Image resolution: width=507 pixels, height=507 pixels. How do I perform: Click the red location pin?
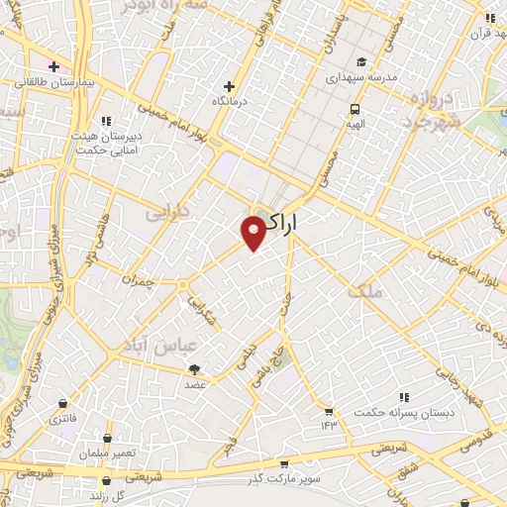click(253, 232)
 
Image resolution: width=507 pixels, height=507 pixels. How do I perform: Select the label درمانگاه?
click(231, 101)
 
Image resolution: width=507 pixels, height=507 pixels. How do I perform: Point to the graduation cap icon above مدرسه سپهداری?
click(361, 61)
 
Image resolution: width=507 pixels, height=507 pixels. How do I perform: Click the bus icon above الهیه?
click(355, 109)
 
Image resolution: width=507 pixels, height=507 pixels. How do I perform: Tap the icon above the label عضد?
click(194, 369)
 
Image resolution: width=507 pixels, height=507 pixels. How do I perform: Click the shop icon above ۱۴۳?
click(329, 411)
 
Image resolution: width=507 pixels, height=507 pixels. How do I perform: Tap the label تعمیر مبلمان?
click(106, 453)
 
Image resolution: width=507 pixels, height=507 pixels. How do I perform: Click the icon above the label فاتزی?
click(64, 404)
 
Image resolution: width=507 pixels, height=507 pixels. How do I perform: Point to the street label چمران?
click(141, 281)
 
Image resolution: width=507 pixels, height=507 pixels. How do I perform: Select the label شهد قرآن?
click(489, 31)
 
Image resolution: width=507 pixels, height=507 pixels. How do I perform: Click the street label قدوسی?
click(478, 437)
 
